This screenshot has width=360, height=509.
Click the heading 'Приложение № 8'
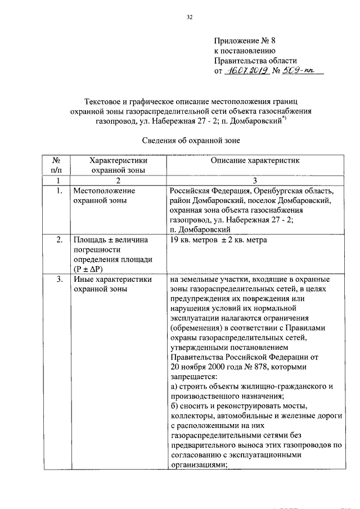coord(245,41)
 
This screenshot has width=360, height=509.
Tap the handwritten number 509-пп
coord(300,71)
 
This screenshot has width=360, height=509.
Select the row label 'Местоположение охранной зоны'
coord(104,196)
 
